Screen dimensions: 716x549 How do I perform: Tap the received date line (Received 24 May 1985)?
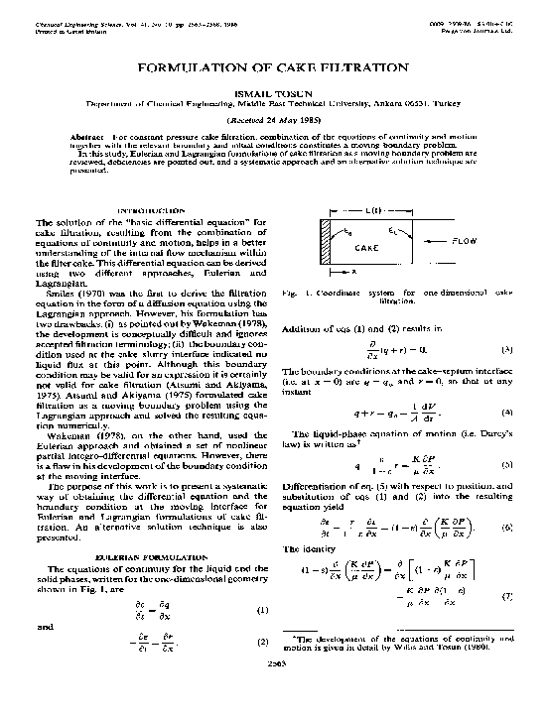(273, 118)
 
